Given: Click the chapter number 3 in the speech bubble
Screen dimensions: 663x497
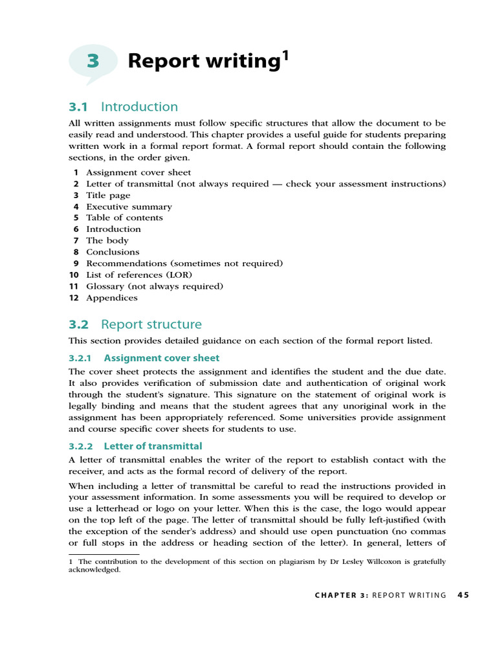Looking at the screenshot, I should tap(93, 61).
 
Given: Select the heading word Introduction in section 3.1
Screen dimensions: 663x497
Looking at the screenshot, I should tap(139, 107).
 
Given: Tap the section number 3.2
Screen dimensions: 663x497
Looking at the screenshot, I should tap(78, 324).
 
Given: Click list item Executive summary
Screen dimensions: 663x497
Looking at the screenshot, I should tap(129, 207).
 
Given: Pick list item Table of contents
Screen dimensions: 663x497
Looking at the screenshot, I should tap(124, 218).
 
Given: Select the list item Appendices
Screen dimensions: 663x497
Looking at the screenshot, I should tap(112, 298).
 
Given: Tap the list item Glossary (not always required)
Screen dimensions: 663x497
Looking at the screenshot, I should tap(155, 286).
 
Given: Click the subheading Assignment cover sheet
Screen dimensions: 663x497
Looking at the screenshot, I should tap(161, 358).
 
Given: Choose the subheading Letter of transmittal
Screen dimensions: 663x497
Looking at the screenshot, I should tap(153, 446).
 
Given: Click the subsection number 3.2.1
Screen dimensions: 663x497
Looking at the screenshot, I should tap(81, 358).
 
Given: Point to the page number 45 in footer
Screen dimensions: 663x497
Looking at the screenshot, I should tap(463, 595).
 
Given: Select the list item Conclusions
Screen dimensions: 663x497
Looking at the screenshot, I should tap(113, 252).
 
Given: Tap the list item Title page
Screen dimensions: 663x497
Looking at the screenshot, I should tap(108, 195).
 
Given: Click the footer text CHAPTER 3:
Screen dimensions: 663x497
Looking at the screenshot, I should tap(342, 595).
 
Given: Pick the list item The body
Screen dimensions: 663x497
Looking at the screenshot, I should tap(107, 240).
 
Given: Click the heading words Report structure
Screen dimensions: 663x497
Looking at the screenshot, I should tap(151, 324).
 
